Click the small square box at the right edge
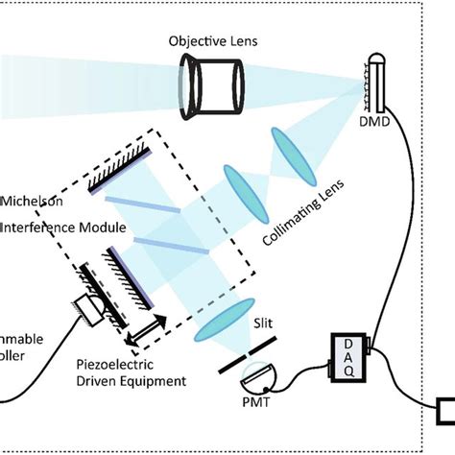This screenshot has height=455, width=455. tap(445, 413)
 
